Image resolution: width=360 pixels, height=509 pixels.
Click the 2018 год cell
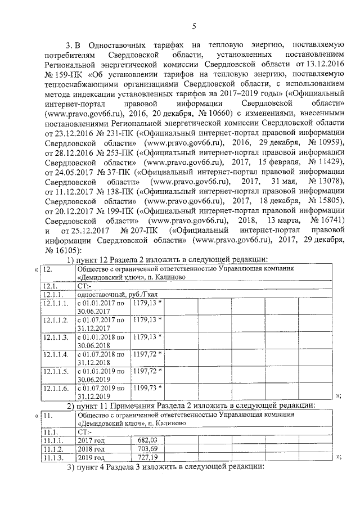pos(91,449)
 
